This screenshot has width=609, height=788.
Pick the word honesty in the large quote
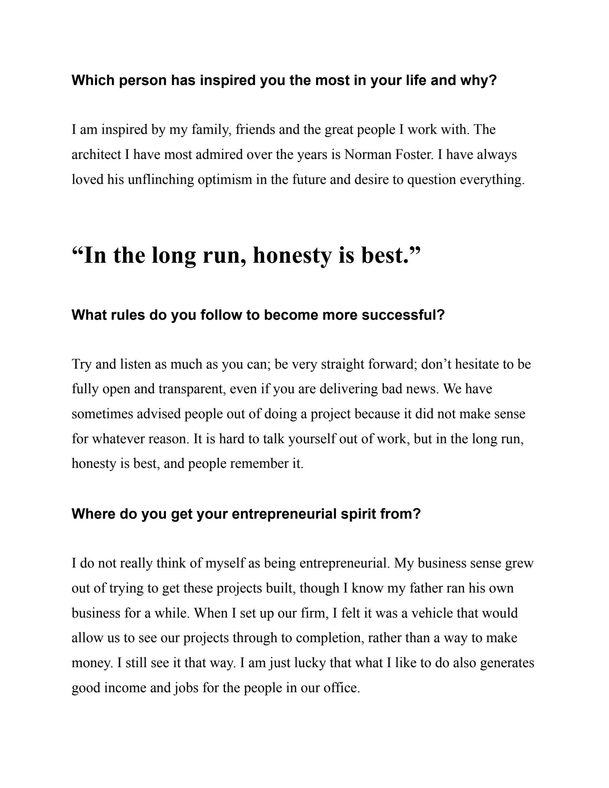[x=293, y=255]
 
